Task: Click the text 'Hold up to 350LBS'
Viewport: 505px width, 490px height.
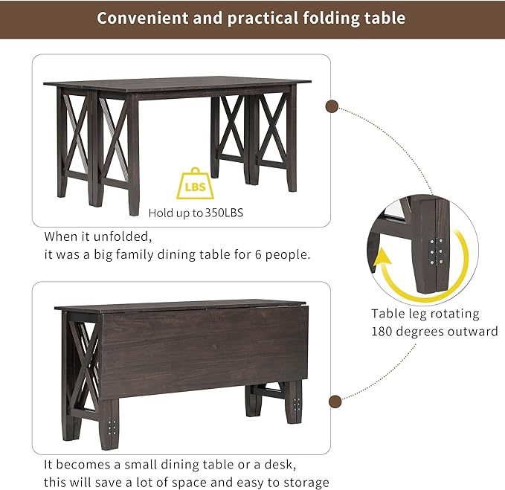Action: (x=196, y=213)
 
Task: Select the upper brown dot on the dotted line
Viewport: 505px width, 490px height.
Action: (x=333, y=106)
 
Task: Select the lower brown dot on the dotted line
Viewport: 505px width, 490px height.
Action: (x=335, y=402)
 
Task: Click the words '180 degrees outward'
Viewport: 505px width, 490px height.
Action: (x=434, y=332)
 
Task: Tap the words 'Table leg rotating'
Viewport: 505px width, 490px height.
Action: (x=425, y=314)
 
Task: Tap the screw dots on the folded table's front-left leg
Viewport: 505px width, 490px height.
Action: (x=112, y=429)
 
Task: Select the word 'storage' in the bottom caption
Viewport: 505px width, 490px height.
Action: (x=304, y=483)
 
